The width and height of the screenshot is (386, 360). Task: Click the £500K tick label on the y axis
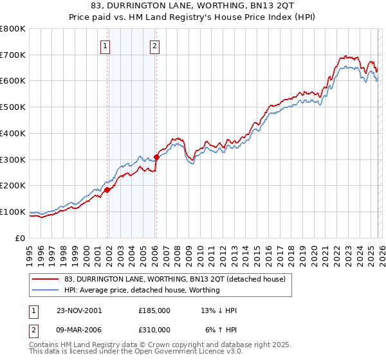[x=13, y=107]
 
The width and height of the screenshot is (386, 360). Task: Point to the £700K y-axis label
[x=13, y=55]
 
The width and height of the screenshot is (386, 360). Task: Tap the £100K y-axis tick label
[x=13, y=212]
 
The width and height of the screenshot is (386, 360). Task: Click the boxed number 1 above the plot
[x=105, y=46]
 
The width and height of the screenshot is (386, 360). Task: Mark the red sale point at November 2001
[x=107, y=190]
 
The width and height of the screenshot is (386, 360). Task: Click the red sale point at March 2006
[x=156, y=157]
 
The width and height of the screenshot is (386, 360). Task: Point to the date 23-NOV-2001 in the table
[x=78, y=310]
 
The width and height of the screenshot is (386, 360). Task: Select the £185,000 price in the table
[x=154, y=310]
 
